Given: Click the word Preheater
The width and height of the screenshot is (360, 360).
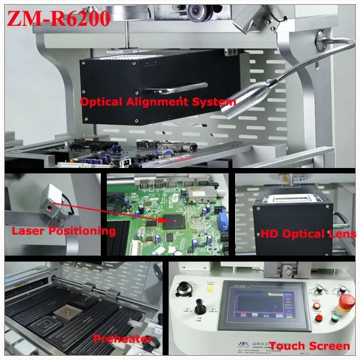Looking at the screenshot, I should click(x=123, y=339).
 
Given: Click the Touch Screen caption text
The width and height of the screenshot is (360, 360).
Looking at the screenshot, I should click(x=309, y=346).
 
